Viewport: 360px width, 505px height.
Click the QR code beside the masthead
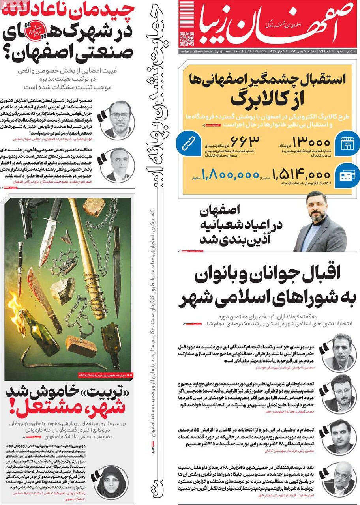[x=187, y=38]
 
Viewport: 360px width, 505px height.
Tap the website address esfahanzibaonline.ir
[x=196, y=52]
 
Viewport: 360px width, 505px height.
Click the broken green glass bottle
[x=111, y=343]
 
